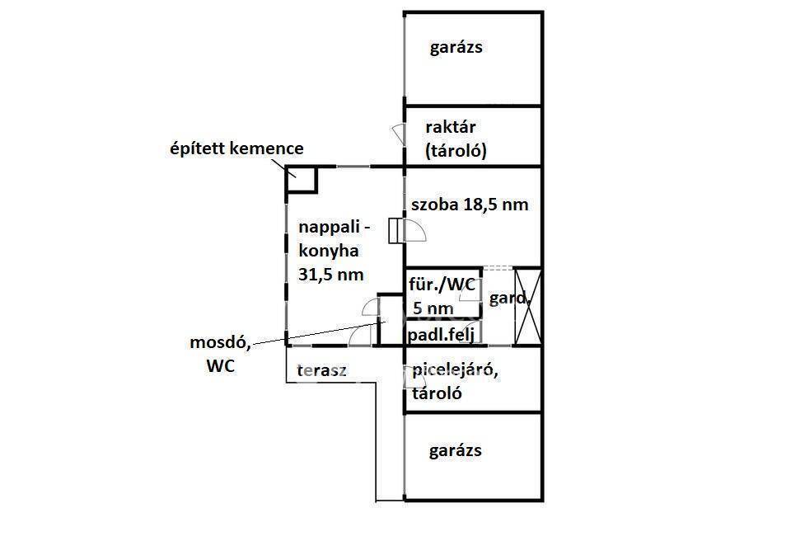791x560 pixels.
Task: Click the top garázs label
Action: coord(456,48)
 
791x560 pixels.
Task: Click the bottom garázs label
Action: coord(455,451)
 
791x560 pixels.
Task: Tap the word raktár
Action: coord(451,127)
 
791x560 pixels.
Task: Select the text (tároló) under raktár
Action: coord(456,151)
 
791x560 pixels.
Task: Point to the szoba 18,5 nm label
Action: coord(470,205)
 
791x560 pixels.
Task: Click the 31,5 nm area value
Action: coord(331,275)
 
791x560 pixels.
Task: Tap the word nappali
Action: coord(330,228)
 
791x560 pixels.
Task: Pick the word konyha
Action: coord(329,251)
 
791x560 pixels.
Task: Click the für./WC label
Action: coord(442,285)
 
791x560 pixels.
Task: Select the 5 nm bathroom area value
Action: coord(433,308)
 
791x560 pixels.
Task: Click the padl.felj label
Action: coord(441,336)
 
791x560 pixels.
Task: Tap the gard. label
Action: coord(509,299)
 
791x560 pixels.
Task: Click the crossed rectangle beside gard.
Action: coord(527,307)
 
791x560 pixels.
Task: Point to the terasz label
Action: coord(322,370)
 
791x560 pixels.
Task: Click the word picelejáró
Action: coord(455,370)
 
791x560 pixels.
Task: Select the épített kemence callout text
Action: coord(237,149)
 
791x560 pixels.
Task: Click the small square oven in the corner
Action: coord(302,179)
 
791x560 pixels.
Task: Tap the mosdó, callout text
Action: coord(221,343)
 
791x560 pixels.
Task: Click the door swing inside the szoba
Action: coord(415,231)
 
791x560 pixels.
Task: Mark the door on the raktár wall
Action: coord(399,134)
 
